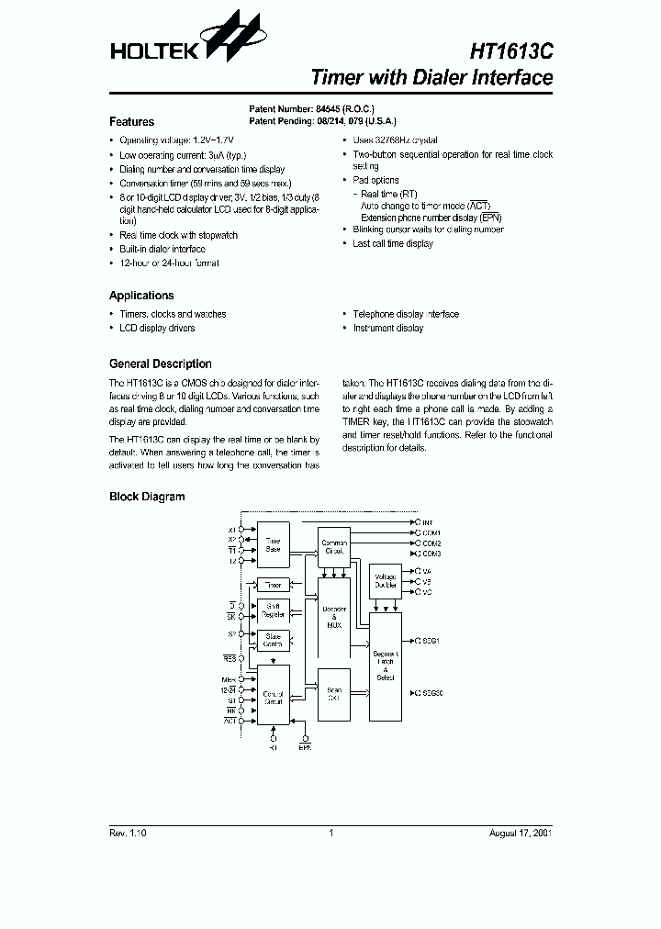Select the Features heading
click(x=131, y=121)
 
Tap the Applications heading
click(x=141, y=296)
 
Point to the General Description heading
click(x=161, y=364)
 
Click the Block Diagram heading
click(x=147, y=497)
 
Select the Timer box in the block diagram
click(x=274, y=585)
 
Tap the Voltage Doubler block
click(x=386, y=581)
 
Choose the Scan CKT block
click(x=334, y=693)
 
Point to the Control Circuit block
click(x=274, y=698)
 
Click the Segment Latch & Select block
click(x=386, y=666)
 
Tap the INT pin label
click(x=428, y=521)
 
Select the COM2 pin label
click(x=431, y=543)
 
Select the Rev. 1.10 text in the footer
click(x=128, y=833)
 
